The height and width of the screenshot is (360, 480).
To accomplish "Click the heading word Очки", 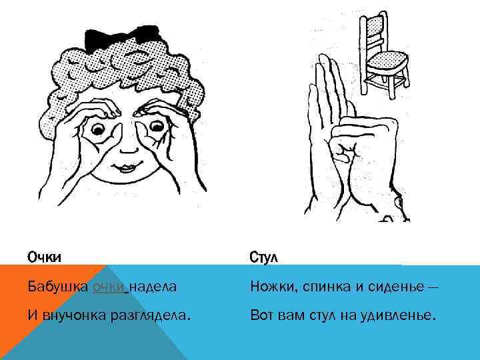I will click(45, 257).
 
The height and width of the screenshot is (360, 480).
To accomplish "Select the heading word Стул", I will click(264, 257).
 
